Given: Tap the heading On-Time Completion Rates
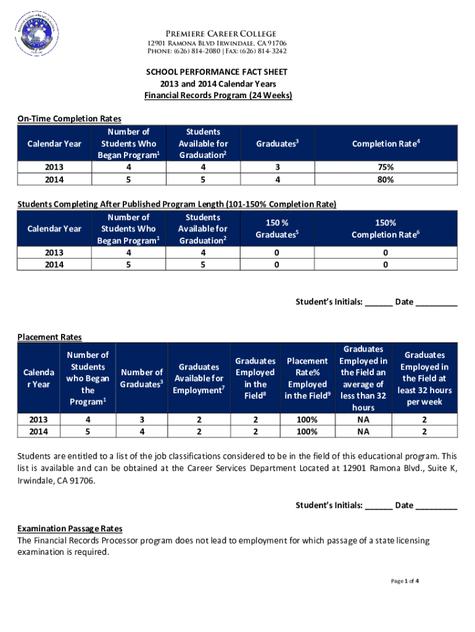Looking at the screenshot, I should [69, 118].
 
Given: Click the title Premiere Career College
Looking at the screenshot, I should [216, 33].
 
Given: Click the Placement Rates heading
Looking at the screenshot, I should [49, 337].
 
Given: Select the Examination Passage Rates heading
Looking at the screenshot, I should [70, 529].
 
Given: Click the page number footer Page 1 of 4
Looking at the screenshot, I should [405, 581].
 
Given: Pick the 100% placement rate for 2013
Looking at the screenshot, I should [307, 420].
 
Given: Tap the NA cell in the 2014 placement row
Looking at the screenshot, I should [363, 432].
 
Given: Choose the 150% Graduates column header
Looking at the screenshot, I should [277, 229].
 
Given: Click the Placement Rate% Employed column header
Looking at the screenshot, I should [307, 378].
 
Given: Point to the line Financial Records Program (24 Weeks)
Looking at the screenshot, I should [218, 96].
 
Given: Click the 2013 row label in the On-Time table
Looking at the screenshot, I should [54, 167].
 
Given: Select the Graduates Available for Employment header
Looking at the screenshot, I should [199, 378].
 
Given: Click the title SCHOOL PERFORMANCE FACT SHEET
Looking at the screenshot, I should [217, 72].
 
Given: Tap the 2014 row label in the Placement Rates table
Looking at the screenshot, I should [39, 432].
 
